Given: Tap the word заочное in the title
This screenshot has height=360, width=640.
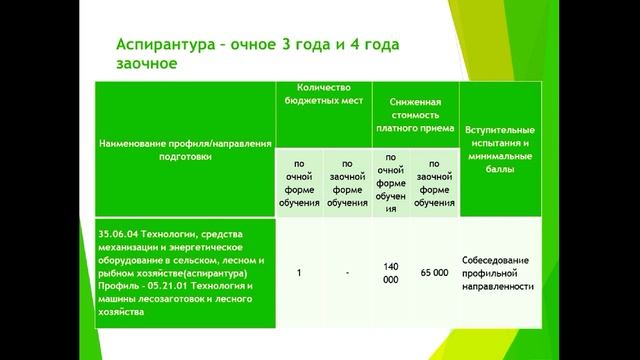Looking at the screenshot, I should pyautogui.click(x=147, y=65).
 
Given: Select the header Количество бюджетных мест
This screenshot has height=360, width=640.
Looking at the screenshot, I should pyautogui.click(x=323, y=93).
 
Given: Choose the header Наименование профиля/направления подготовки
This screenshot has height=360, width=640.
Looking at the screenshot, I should pyautogui.click(x=186, y=150).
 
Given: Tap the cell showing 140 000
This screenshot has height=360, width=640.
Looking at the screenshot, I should pyautogui.click(x=391, y=272).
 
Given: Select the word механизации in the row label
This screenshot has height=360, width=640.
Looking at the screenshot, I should pyautogui.click(x=131, y=247).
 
